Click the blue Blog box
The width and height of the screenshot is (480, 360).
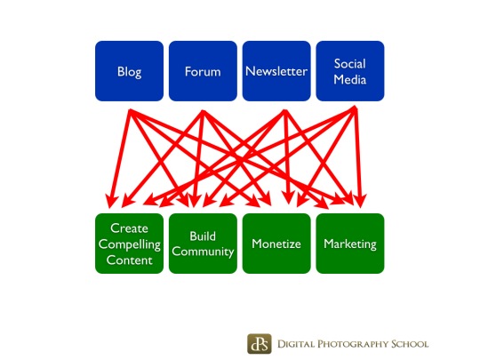[129, 71]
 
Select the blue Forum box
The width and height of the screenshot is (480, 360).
[203, 71]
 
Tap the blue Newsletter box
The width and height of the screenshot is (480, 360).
[276, 71]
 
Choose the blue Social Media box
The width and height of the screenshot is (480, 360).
[350, 71]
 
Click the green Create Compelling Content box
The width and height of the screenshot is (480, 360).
[129, 244]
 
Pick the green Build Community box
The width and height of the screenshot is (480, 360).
[203, 244]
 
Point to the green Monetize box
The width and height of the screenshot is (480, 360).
[276, 244]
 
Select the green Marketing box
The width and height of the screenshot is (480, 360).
[350, 244]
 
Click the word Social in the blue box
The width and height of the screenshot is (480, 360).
[350, 64]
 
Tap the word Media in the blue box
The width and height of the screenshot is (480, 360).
[350, 80]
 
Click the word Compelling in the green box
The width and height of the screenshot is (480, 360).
[130, 245]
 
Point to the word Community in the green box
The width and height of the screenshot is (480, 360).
[203, 252]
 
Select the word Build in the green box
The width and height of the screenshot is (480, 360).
[203, 236]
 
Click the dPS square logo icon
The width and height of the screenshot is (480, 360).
[260, 343]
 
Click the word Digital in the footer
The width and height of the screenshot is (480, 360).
[296, 344]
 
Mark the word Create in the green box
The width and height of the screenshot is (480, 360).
[129, 228]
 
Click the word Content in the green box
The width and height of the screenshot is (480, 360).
[129, 260]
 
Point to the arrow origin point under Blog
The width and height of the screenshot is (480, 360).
[131, 110]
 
